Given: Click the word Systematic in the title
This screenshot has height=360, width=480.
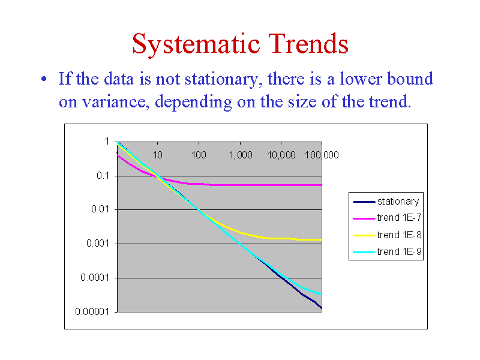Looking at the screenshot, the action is (196, 44).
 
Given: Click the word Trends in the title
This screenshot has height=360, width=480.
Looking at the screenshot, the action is (308, 43).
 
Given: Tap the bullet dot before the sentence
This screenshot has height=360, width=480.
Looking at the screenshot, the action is (44, 79).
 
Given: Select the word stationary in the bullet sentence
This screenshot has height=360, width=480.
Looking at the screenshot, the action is (222, 79).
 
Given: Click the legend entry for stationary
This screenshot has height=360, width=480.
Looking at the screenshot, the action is (386, 202).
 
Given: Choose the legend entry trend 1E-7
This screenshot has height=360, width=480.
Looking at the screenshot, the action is (387, 218).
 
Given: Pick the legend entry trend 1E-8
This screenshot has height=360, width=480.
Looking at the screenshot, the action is (387, 235).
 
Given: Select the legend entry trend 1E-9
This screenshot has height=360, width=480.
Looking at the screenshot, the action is (387, 251).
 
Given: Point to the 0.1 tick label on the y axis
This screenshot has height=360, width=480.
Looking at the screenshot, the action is (103, 176).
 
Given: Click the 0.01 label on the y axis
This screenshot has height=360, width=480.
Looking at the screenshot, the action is (100, 209).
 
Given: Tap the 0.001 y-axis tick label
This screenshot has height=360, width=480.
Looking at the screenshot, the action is (98, 244).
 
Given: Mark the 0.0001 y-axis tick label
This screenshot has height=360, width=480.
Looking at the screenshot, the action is (95, 278).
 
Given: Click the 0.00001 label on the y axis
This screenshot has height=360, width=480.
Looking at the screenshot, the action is (92, 311).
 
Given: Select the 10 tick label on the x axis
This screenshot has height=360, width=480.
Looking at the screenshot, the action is (158, 155).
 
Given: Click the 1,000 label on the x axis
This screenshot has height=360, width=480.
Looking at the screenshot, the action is (241, 155).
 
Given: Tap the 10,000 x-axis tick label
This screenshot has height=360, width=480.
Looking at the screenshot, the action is (281, 155).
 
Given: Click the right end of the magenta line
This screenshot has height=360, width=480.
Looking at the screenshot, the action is (322, 185).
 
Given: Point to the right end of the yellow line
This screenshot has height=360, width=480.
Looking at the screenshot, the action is (322, 239).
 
